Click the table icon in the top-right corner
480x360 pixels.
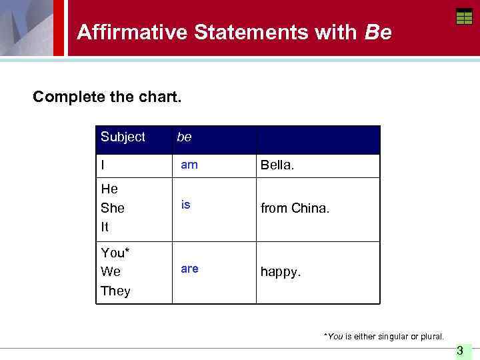coord(464,17)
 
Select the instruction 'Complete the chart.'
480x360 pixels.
coord(107,97)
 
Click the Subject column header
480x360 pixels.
coord(123,137)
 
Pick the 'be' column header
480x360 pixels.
coord(184,137)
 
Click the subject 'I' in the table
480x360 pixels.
coord(103,165)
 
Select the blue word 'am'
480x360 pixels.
coord(189,165)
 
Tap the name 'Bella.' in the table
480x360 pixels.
coord(277,165)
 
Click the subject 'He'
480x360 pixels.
coord(109,189)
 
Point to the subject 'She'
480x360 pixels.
coord(113,208)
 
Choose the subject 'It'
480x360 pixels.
coord(105,227)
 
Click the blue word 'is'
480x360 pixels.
coord(186,205)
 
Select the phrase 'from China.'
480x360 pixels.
coord(295,209)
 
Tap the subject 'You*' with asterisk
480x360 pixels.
coord(115,253)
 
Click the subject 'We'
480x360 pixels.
coord(111,272)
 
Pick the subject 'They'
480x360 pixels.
coord(115,291)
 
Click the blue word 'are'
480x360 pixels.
coord(189,269)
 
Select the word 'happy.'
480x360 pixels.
coord(281,273)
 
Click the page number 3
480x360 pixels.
coord(459,351)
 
